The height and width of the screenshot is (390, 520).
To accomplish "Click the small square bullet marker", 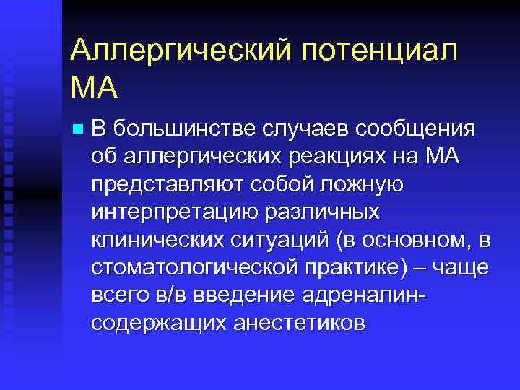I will tap(78, 131).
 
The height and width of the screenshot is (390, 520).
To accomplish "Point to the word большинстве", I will tap(183, 129).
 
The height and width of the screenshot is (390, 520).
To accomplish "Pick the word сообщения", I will tap(415, 129).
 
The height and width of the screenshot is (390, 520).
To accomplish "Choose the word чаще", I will tap(461, 267).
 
